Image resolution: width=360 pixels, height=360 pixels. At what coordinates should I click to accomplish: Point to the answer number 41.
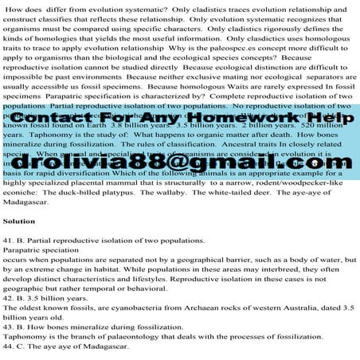[x=11, y=240]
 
